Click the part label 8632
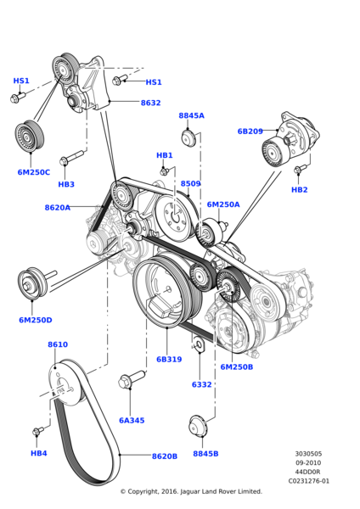click(x=150, y=103)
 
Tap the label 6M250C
click(x=34, y=172)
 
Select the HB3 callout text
click(x=66, y=184)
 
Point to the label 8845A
click(x=191, y=115)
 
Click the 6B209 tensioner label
click(x=250, y=131)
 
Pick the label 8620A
click(x=58, y=207)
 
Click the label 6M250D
click(x=35, y=320)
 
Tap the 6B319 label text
click(x=168, y=359)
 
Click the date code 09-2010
click(x=308, y=463)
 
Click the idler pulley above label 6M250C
click(x=31, y=136)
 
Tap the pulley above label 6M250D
click(x=33, y=284)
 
